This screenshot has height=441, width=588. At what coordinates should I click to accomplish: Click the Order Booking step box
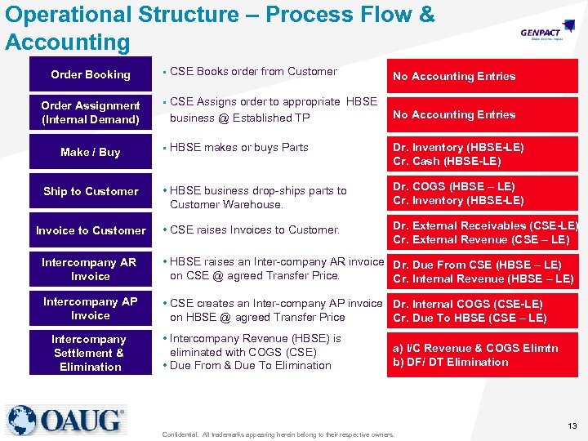(91, 74)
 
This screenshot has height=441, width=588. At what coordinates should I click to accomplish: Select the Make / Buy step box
(91, 152)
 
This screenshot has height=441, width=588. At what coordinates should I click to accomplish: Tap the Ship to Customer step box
(91, 191)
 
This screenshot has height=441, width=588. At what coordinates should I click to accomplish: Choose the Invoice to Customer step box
(91, 230)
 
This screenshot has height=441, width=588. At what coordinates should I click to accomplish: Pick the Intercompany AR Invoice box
(91, 269)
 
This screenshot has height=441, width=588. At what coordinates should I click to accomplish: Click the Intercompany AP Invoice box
(91, 309)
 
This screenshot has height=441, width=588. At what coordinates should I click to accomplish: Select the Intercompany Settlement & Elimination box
(91, 353)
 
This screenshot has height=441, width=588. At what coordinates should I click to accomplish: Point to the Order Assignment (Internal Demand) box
(91, 113)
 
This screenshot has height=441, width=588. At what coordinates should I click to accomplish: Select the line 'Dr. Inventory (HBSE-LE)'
(458, 147)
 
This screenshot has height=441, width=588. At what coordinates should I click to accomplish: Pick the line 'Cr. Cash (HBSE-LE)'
(447, 161)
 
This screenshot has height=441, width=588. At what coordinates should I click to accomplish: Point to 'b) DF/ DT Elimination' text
(450, 362)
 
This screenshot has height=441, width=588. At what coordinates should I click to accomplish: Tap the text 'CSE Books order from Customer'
(253, 72)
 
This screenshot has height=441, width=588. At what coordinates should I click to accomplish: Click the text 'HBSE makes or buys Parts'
(239, 148)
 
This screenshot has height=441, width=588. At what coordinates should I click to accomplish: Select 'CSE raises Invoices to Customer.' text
(254, 230)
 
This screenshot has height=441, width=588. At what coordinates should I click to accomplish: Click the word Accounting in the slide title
(68, 42)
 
